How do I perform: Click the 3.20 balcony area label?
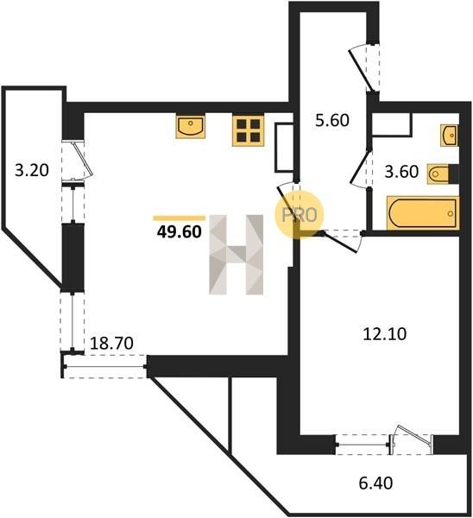pyautogui.click(x=32, y=170)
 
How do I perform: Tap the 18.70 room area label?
pyautogui.click(x=111, y=344)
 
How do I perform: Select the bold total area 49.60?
pyautogui.click(x=179, y=232)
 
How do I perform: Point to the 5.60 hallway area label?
pyautogui.click(x=332, y=121)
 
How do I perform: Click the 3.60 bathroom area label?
pyautogui.click(x=401, y=172)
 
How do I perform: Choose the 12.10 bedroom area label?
pyautogui.click(x=385, y=334)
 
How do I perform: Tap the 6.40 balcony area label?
pyautogui.click(x=375, y=483)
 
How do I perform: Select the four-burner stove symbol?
pyautogui.click(x=249, y=130)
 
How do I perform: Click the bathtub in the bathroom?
pyautogui.click(x=423, y=212)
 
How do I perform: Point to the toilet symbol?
pyautogui.click(x=443, y=174)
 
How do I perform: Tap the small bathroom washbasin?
pyautogui.click(x=449, y=136)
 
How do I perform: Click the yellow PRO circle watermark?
pyautogui.click(x=300, y=215)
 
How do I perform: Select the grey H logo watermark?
pyautogui.click(x=236, y=255)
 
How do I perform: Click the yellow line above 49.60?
pyautogui.click(x=179, y=218)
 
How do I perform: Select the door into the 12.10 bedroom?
pyautogui.click(x=341, y=242)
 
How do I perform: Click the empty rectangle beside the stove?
pyautogui.click(x=284, y=148)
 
